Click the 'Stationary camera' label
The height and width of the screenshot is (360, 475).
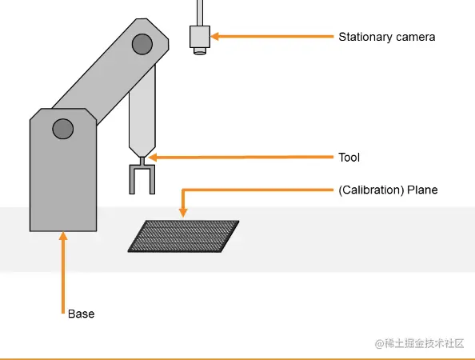pyautogui.click(x=386, y=37)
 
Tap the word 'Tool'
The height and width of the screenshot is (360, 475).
pyautogui.click(x=349, y=158)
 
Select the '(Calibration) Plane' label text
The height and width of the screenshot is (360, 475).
pyautogui.click(x=388, y=190)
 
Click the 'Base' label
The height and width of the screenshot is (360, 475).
pyautogui.click(x=82, y=314)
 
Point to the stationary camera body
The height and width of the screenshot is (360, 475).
pyautogui.click(x=200, y=37)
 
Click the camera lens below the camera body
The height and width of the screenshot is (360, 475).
pyautogui.click(x=200, y=51)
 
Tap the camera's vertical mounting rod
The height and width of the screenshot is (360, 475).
pyautogui.click(x=200, y=13)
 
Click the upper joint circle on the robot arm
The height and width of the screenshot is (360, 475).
pyautogui.click(x=142, y=44)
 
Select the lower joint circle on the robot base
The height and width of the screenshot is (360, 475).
pyautogui.click(x=62, y=129)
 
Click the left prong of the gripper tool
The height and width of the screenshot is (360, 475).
pyautogui.click(x=132, y=179)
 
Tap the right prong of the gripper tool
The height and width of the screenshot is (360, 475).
pyautogui.click(x=153, y=179)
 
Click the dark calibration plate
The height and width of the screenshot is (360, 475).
pyautogui.click(x=184, y=236)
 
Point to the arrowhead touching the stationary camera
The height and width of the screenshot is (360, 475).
pyautogui.click(x=214, y=36)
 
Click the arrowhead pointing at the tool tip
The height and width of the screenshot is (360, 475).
pyautogui.click(x=153, y=158)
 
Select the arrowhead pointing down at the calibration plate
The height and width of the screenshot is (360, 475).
pyautogui.click(x=183, y=213)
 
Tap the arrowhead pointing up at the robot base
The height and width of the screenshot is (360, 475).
pyautogui.click(x=63, y=236)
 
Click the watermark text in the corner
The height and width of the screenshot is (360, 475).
pyautogui.click(x=420, y=344)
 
